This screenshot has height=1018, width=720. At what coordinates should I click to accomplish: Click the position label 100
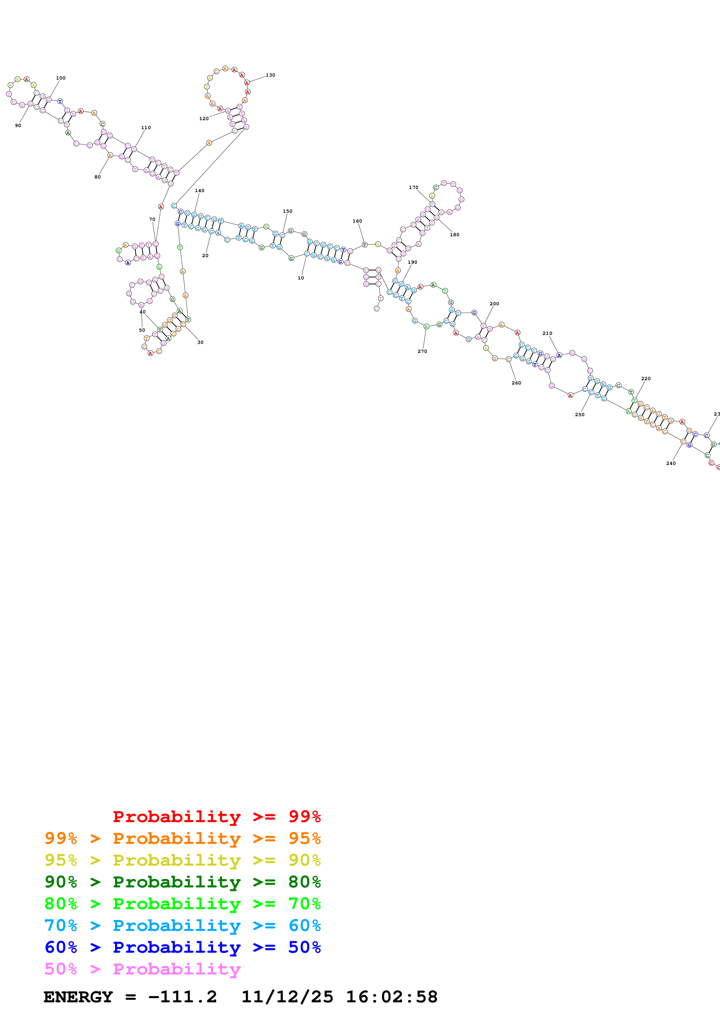61,78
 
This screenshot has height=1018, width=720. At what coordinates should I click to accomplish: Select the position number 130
270,75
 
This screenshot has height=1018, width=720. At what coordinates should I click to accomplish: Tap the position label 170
414,187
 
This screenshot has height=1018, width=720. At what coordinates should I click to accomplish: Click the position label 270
422,351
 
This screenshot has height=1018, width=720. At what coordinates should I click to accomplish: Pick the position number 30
200,342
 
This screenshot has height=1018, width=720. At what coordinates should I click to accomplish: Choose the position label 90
18,125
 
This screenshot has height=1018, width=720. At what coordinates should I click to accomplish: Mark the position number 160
357,221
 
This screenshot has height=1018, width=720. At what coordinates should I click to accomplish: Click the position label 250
580,415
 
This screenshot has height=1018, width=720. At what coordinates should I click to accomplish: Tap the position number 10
301,278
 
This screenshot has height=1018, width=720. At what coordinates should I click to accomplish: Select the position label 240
671,463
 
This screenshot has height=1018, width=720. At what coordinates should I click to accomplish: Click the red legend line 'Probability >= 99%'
216,816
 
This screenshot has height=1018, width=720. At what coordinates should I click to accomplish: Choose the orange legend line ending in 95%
182,838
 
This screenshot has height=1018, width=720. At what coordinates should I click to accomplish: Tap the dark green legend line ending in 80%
182,882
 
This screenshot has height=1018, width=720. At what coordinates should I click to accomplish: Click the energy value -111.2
182,997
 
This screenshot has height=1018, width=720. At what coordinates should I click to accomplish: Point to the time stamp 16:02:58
392,997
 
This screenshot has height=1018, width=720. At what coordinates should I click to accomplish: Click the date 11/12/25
287,997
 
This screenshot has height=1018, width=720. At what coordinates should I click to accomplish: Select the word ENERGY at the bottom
78,997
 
